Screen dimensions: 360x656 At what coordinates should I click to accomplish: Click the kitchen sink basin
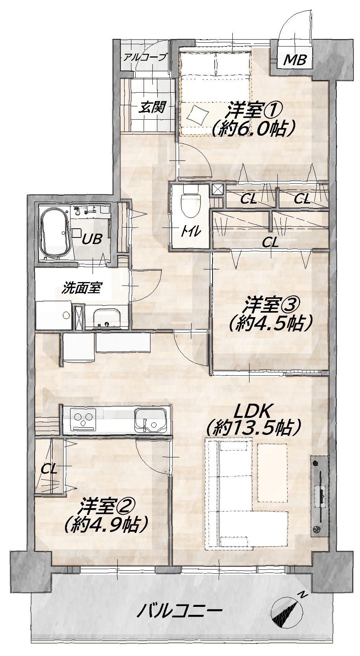(151, 420)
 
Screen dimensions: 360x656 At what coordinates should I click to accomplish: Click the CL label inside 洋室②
(49, 469)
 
